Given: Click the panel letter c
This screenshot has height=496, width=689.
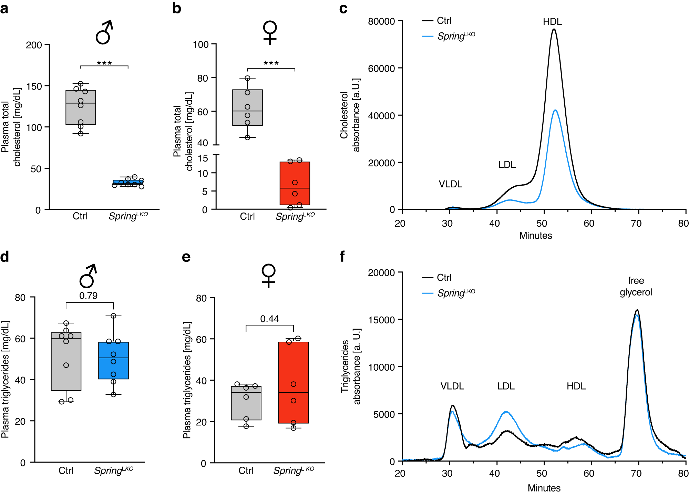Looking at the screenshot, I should pyautogui.click(x=343, y=9).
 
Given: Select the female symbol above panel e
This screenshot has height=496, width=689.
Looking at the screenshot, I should pyautogui.click(x=269, y=276).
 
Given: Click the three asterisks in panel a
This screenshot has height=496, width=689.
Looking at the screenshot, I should pyautogui.click(x=104, y=63).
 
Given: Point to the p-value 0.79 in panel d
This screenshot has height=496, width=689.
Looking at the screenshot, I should pyautogui.click(x=88, y=296).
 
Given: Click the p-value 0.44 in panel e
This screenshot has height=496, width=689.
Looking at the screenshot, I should pyautogui.click(x=269, y=319).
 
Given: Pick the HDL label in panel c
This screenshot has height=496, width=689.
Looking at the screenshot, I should pyautogui.click(x=552, y=22).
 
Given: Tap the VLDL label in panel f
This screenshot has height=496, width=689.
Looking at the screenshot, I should pyautogui.click(x=452, y=386).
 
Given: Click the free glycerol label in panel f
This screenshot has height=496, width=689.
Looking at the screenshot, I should pyautogui.click(x=636, y=286).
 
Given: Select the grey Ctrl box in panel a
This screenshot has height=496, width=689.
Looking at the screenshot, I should pyautogui.click(x=81, y=107).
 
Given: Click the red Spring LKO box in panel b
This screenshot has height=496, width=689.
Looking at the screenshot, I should pyautogui.click(x=295, y=183).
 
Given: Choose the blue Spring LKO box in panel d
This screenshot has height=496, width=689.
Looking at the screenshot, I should pyautogui.click(x=113, y=360).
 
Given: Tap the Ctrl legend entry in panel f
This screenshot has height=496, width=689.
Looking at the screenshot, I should pyautogui.click(x=444, y=278).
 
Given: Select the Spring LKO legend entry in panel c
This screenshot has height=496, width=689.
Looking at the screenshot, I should pyautogui.click(x=455, y=36).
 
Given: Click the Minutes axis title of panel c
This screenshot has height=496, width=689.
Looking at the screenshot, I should pyautogui.click(x=535, y=236).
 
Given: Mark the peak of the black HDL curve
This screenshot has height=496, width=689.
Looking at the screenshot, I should pyautogui.click(x=554, y=29).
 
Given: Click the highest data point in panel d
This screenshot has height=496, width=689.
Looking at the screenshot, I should pyautogui.click(x=113, y=316).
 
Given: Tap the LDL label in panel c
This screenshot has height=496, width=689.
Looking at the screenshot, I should pyautogui.click(x=507, y=165).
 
